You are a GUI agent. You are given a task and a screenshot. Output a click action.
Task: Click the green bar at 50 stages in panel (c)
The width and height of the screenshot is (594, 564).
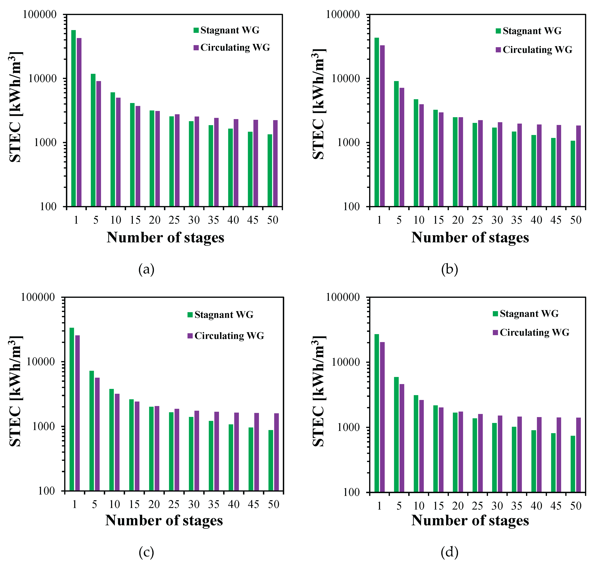[x=271, y=460]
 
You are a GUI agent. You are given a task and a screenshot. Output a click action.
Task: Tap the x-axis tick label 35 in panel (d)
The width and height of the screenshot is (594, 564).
[x=517, y=506]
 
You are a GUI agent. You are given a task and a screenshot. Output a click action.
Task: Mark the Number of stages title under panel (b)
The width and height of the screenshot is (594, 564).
[x=470, y=237]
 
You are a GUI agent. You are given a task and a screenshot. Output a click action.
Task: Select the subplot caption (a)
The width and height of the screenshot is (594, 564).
[x=146, y=269]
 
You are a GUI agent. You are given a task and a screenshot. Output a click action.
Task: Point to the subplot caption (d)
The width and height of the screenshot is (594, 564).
[x=449, y=552]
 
